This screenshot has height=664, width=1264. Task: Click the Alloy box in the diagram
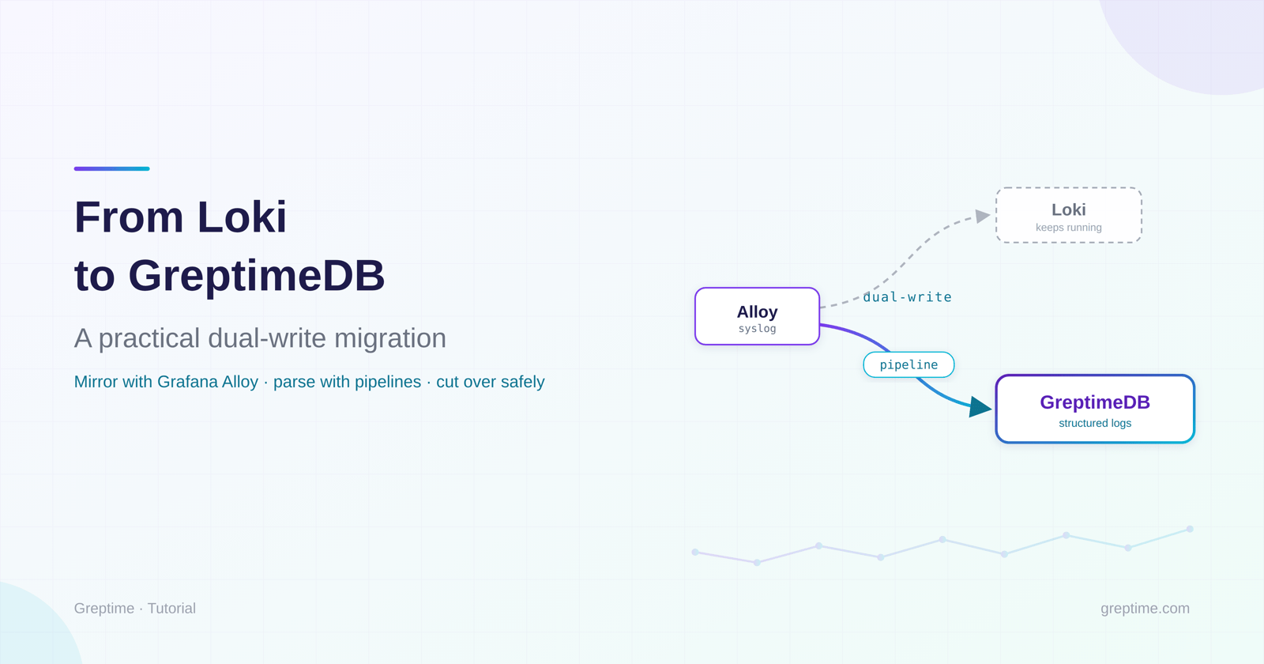pos(757,316)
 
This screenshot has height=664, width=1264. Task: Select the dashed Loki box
pos(1069,215)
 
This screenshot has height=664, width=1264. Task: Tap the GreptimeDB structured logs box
pos(1095,409)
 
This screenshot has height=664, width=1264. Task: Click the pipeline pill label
pos(908,364)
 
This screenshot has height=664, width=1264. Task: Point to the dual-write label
pos(907,297)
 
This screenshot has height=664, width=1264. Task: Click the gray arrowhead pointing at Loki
pos(983,216)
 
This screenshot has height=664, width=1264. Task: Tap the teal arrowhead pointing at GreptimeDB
pos(980,406)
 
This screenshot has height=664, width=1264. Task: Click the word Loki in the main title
pos(242,217)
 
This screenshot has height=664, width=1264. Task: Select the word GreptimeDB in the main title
pos(256,276)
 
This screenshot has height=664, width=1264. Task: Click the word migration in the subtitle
pos(390,338)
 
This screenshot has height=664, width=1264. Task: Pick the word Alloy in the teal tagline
pos(240,383)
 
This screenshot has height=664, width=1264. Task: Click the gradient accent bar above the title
pos(111,168)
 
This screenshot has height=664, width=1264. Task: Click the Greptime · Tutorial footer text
pos(135,608)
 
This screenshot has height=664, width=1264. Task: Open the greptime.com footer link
pos(1145,608)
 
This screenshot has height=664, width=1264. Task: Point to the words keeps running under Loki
pos(1069,228)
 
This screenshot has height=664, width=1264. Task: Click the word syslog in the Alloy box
pos(758,329)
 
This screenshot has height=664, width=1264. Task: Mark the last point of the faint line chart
pos(1190,529)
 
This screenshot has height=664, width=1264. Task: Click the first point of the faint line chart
pos(695,553)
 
